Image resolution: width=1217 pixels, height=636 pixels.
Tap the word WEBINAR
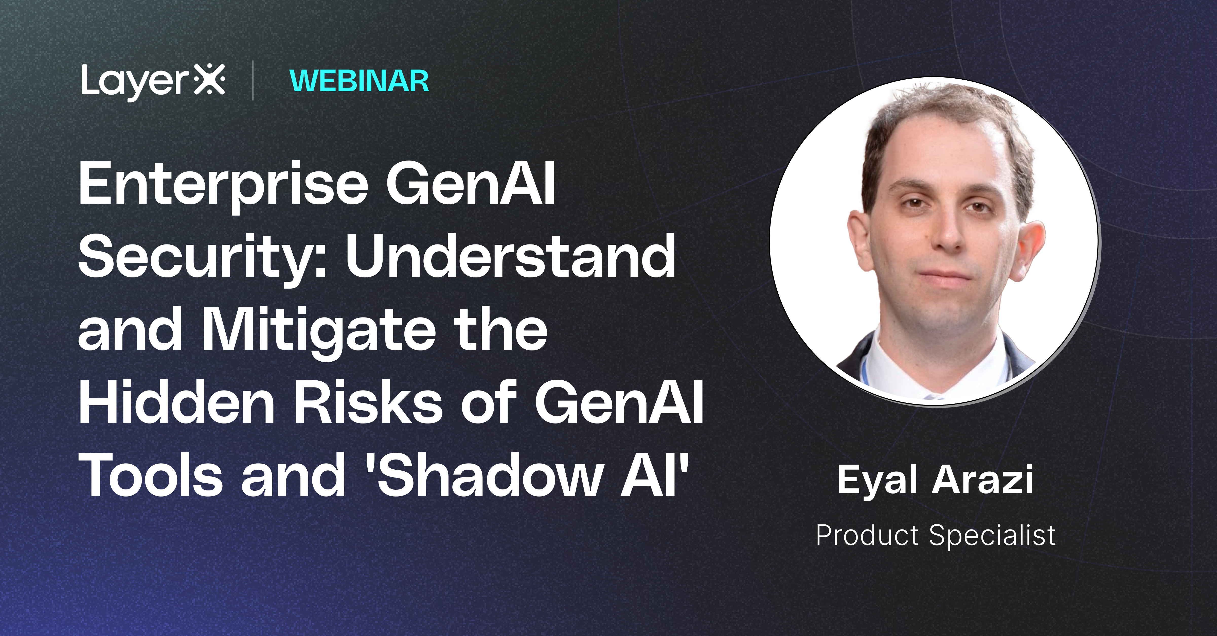(359, 81)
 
